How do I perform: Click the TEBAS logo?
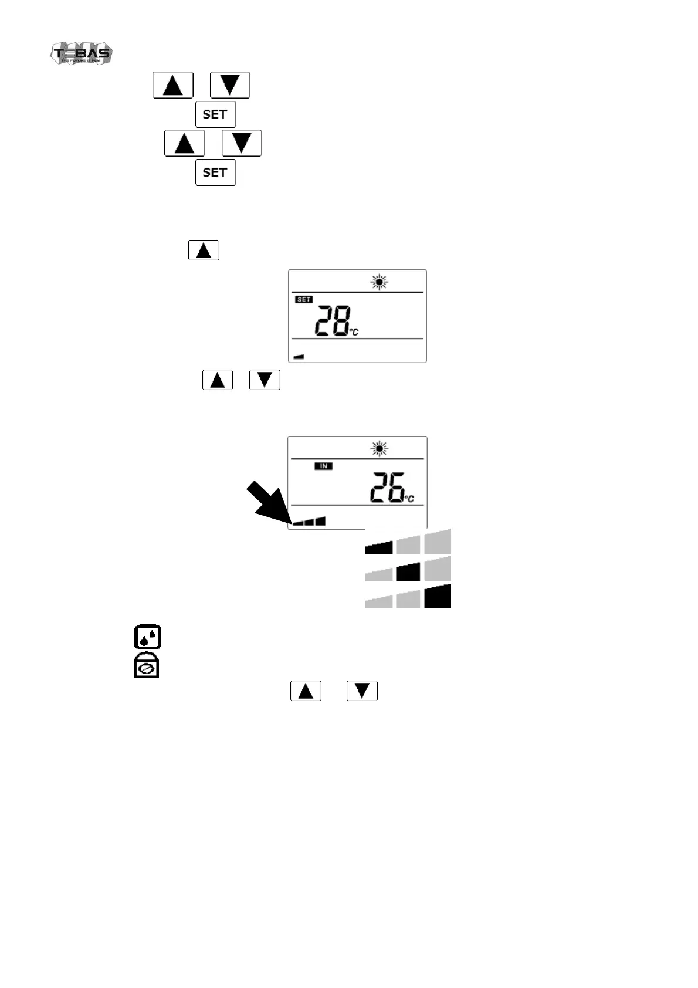[81, 53]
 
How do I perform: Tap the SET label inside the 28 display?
[304, 299]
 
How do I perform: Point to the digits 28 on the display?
[332, 321]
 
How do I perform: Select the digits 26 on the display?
[387, 488]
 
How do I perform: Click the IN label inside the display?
[323, 466]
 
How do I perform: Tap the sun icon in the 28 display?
[380, 283]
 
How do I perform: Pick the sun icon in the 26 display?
[380, 449]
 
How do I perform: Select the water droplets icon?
[148, 637]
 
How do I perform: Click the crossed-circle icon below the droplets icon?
[147, 666]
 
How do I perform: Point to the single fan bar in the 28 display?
[299, 356]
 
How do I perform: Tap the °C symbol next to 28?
[354, 332]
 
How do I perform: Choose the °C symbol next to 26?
[409, 499]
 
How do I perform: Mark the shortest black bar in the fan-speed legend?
[379, 548]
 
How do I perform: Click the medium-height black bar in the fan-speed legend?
[408, 571]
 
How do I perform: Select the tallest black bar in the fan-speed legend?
[438, 596]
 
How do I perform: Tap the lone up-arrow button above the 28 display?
[204, 251]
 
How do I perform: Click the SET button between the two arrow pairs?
[215, 114]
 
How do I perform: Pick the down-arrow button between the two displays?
[265, 380]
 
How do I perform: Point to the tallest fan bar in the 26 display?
[320, 521]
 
